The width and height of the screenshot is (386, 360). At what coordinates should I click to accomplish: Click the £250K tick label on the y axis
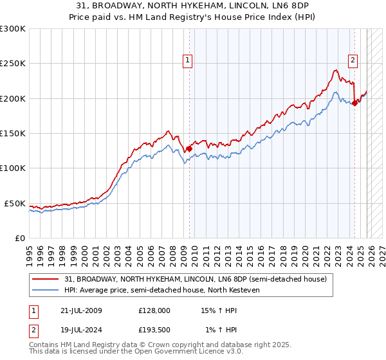pyautogui.click(x=13, y=64)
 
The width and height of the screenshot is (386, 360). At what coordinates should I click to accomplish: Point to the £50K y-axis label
pyautogui.click(x=15, y=203)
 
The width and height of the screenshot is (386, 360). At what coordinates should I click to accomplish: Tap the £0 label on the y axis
pyautogui.click(x=20, y=238)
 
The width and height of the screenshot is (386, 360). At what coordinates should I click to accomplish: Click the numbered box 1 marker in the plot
pyautogui.click(x=188, y=60)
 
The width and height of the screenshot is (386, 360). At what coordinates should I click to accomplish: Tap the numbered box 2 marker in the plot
pyautogui.click(x=353, y=60)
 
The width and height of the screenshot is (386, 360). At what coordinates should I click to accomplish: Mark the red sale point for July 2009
pyautogui.click(x=189, y=148)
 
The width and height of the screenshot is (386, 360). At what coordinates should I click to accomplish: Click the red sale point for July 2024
pyautogui.click(x=354, y=103)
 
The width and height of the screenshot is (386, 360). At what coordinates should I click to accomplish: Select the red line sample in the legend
pyautogui.click(x=46, y=279)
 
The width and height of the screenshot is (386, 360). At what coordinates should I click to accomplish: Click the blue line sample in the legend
pyautogui.click(x=46, y=290)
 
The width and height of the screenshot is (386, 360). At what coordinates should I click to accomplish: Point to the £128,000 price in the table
pyautogui.click(x=154, y=310)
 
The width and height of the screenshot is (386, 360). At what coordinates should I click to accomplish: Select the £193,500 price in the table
pyautogui.click(x=154, y=330)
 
